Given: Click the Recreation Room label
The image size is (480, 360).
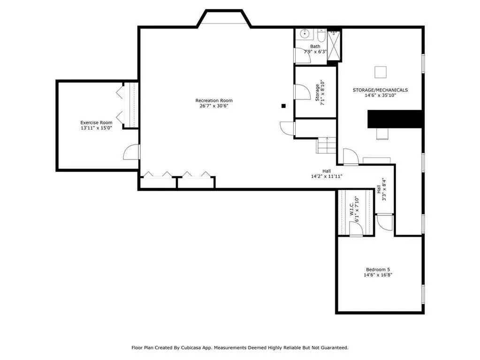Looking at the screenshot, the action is coord(214,100).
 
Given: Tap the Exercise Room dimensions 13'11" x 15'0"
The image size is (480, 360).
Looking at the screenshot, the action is coord(97,128).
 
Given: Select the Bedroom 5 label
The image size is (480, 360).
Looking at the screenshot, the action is coord(378,270).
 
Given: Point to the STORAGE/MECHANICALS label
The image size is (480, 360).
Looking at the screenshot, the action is coord(380,90).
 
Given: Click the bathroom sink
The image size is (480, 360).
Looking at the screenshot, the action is coord(305,34).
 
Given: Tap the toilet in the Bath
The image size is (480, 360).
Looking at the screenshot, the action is coord(321,35).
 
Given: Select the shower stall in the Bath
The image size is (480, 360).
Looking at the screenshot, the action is coord(333,46).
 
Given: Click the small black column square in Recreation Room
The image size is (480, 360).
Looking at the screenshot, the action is coord(283,106).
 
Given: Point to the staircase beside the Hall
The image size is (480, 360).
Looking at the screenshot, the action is coord(326,146).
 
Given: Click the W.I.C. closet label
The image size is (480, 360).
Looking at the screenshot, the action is coord(352,208).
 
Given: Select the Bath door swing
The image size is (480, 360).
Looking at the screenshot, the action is coord(303,55).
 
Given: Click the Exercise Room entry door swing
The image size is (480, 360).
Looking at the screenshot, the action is coord(132,152).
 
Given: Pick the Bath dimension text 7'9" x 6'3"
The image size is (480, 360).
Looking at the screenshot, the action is coord(315,52).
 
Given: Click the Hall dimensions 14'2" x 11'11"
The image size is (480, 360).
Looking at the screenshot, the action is coord(327,176).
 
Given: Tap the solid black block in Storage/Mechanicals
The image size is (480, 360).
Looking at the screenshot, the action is coord(395,119).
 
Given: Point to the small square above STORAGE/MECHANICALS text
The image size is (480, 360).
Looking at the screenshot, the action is coord(381,72).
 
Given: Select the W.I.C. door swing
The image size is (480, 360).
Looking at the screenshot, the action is coord(356,229).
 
